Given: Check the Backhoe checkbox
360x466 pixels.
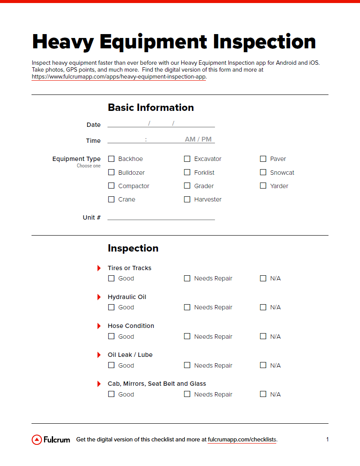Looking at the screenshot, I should tap(111, 159).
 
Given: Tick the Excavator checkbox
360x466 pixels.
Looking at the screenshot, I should tap(187, 159).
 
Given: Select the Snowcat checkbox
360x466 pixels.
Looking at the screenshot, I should tap(263, 172).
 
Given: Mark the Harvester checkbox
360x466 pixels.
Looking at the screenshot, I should tap(187, 199).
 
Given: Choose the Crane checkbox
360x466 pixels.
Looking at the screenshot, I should tap(111, 199).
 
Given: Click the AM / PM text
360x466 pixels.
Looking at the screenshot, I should tap(198, 139).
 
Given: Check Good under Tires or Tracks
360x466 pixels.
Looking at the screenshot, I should tap(111, 278).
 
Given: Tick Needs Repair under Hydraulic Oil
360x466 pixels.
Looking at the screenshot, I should tap(187, 307).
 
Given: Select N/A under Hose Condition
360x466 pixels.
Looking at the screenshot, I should tap(263, 336).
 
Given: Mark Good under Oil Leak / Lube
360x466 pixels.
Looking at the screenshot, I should tap(111, 365).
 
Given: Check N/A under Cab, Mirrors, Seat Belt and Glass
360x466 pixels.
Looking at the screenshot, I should tap(263, 394).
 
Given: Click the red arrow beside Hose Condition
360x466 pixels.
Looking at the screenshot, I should tap(99, 326).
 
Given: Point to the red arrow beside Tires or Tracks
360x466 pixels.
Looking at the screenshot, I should tap(99, 268).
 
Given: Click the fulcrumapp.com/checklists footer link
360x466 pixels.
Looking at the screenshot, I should tap(242, 440).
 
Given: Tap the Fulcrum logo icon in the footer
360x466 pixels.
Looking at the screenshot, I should tap(37, 440).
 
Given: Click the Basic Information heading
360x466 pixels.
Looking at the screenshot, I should tap(151, 107).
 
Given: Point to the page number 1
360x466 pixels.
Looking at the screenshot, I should tap(327, 440).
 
